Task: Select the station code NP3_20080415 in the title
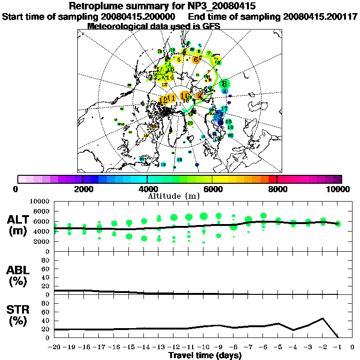click(x=216, y=7)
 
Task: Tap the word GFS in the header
click(x=211, y=26)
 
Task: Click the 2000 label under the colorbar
click(x=82, y=189)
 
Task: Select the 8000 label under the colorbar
click(x=277, y=189)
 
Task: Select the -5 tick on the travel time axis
click(x=278, y=347)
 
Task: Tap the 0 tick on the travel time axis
click(x=352, y=347)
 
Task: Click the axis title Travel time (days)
click(x=205, y=355)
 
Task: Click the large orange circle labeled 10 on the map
click(x=185, y=96)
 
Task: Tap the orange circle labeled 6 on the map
click(x=195, y=59)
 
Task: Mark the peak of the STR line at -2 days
click(x=322, y=318)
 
